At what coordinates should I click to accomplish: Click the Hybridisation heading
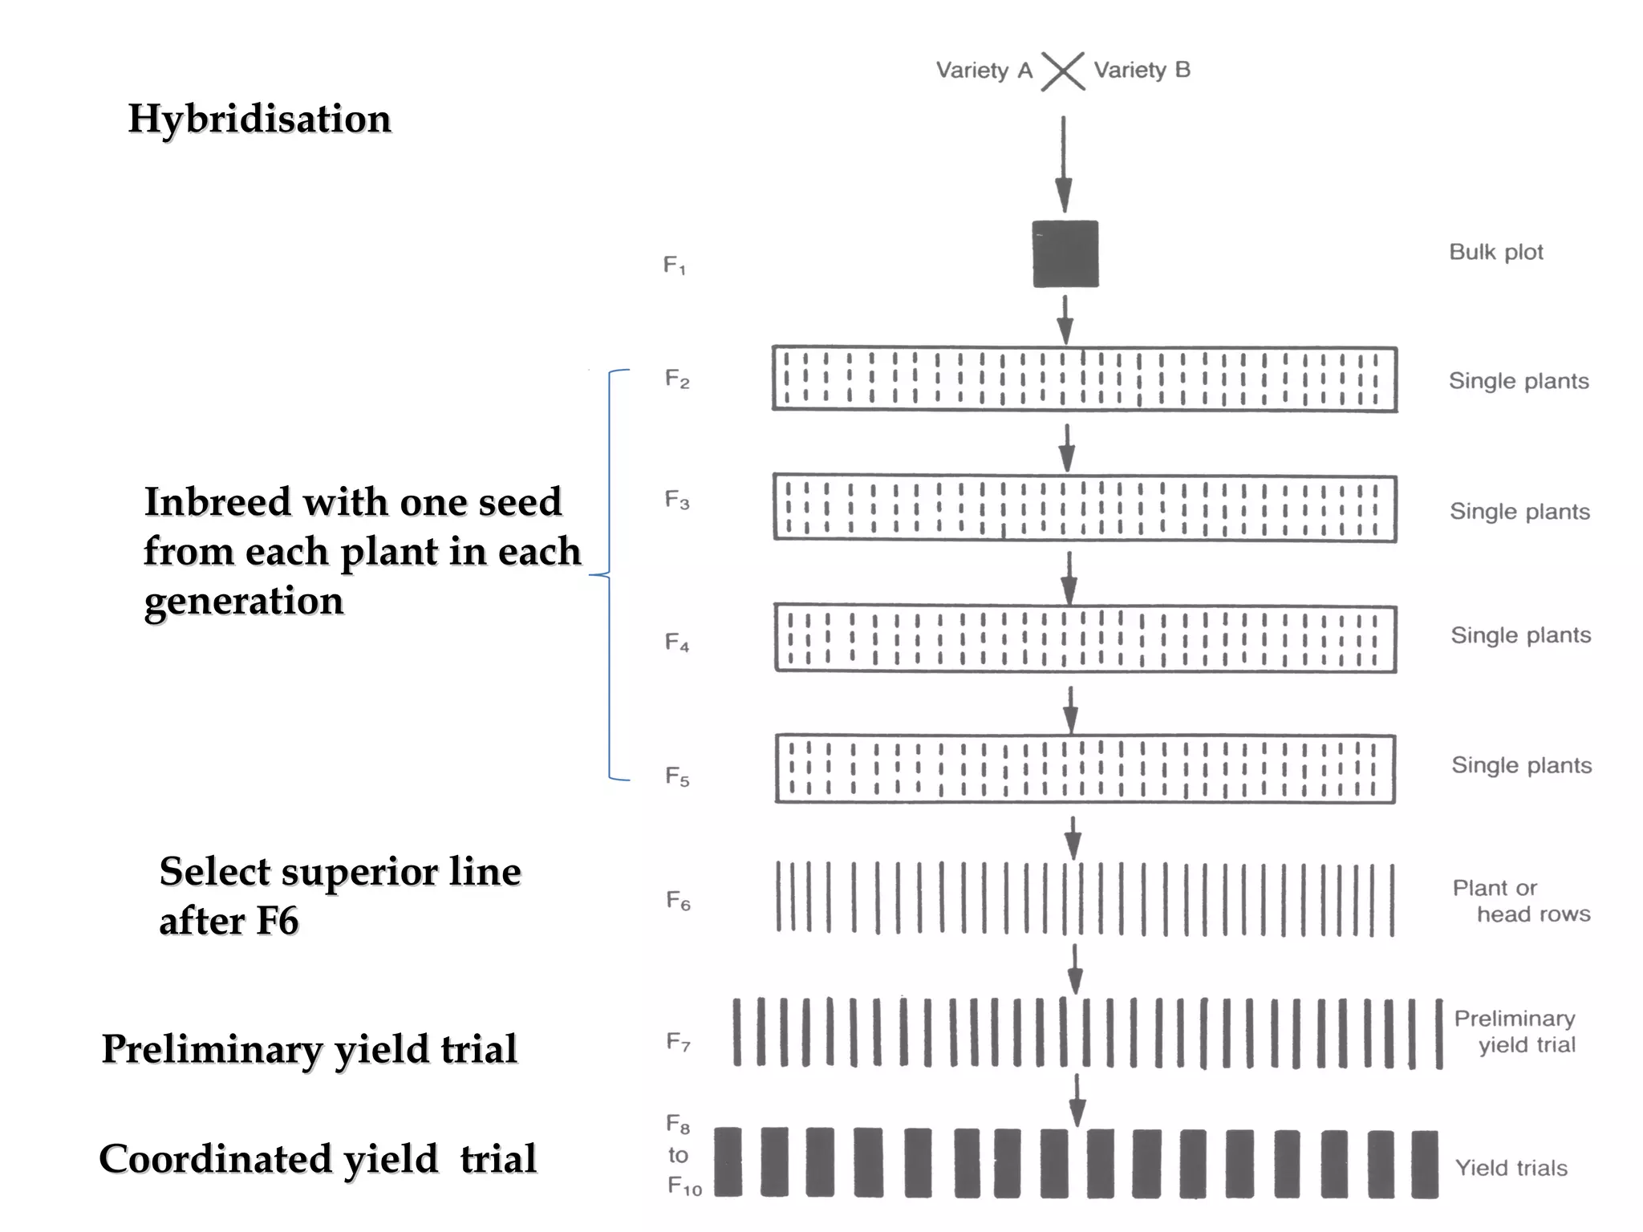point(259,119)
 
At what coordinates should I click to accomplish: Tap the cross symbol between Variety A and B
point(1062,71)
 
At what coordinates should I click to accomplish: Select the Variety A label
point(984,71)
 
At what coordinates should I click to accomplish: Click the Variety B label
point(1142,71)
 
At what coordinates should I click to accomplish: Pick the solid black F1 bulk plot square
point(1065,253)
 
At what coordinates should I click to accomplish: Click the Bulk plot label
point(1495,252)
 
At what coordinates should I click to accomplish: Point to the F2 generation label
point(676,379)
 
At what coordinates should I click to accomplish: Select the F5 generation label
point(677,776)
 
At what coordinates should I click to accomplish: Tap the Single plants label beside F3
point(1519,512)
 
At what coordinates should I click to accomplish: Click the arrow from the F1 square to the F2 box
point(1065,319)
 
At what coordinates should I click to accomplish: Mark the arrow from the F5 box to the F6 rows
point(1073,838)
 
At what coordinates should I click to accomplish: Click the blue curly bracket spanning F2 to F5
point(610,574)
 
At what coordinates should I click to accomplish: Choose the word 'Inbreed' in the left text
point(217,502)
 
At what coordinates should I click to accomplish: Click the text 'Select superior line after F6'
point(339,895)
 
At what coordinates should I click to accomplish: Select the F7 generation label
point(678,1042)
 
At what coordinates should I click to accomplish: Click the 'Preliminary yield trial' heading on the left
point(309,1049)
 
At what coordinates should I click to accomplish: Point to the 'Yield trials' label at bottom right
point(1511,1168)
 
